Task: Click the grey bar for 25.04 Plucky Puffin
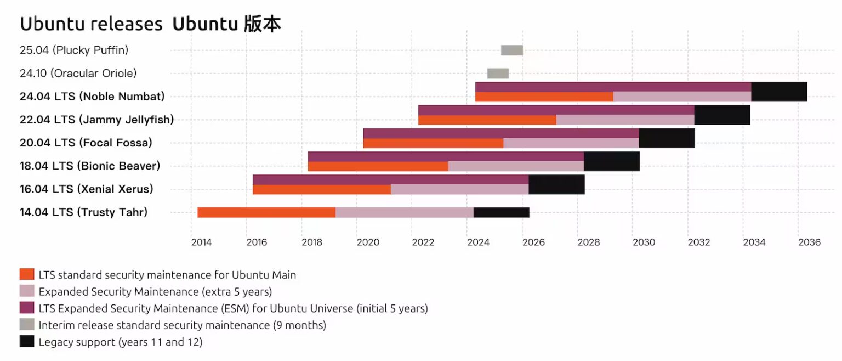pyautogui.click(x=511, y=50)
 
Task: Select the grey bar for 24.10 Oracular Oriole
pyautogui.click(x=498, y=74)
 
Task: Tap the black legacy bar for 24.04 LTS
pyautogui.click(x=778, y=92)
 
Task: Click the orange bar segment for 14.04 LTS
pyautogui.click(x=266, y=212)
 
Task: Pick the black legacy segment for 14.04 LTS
pyautogui.click(x=501, y=212)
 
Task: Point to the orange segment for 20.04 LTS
pyautogui.click(x=433, y=143)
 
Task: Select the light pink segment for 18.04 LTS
pyautogui.click(x=516, y=166)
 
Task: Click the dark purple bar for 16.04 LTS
pyautogui.click(x=390, y=179)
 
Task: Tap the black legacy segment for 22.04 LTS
pyautogui.click(x=721, y=115)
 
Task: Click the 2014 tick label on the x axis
pyautogui.click(x=201, y=242)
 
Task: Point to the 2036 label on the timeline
pyautogui.click(x=809, y=242)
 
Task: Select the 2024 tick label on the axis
pyautogui.click(x=478, y=242)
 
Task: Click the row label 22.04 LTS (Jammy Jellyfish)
pyautogui.click(x=96, y=120)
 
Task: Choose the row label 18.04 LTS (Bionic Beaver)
pyautogui.click(x=90, y=166)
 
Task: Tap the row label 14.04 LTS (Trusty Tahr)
pyautogui.click(x=83, y=212)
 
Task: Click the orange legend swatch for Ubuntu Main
pyautogui.click(x=27, y=274)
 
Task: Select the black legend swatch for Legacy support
pyautogui.click(x=27, y=341)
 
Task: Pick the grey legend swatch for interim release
pyautogui.click(x=27, y=325)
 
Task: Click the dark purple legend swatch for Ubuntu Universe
pyautogui.click(x=27, y=308)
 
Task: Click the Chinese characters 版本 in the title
pyautogui.click(x=262, y=24)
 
